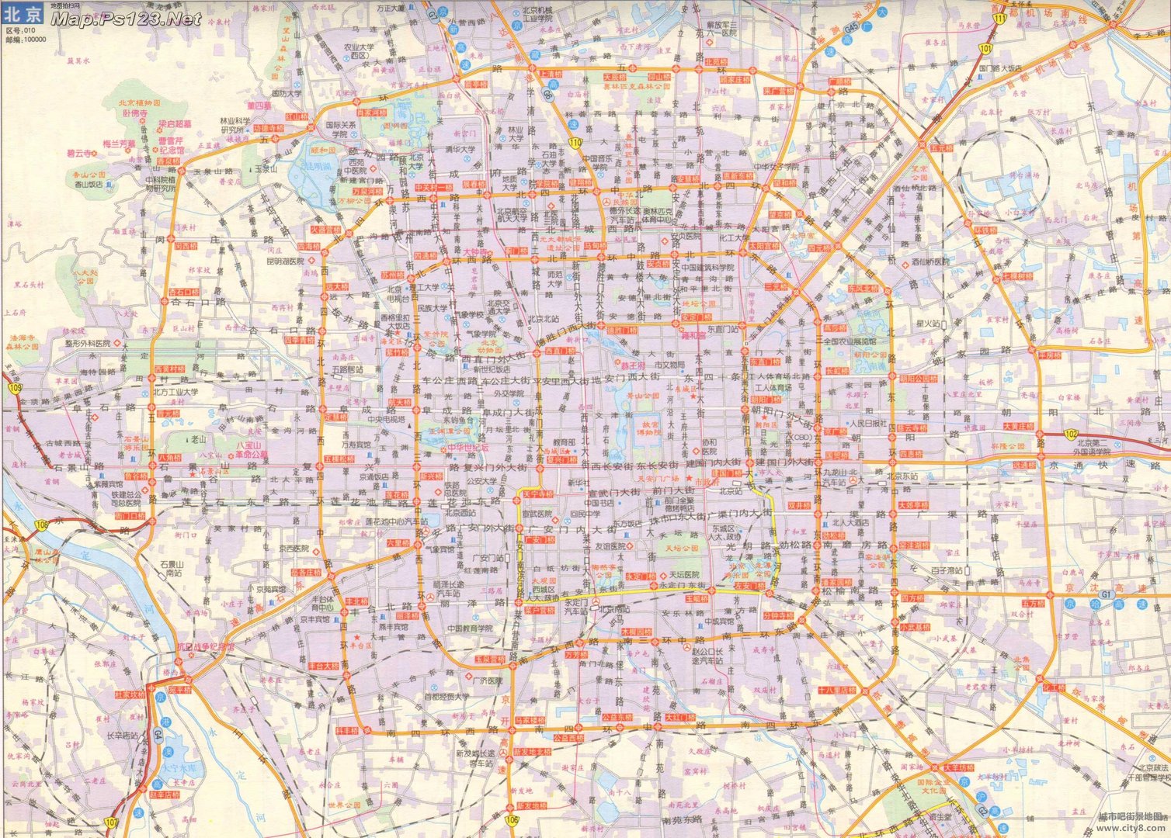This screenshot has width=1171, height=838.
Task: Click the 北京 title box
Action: coord(24,15)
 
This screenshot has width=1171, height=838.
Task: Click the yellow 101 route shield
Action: coord(985,49)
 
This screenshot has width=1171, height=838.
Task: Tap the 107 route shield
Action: coord(112,821)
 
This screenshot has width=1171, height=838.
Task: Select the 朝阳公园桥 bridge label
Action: coord(917,379)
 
